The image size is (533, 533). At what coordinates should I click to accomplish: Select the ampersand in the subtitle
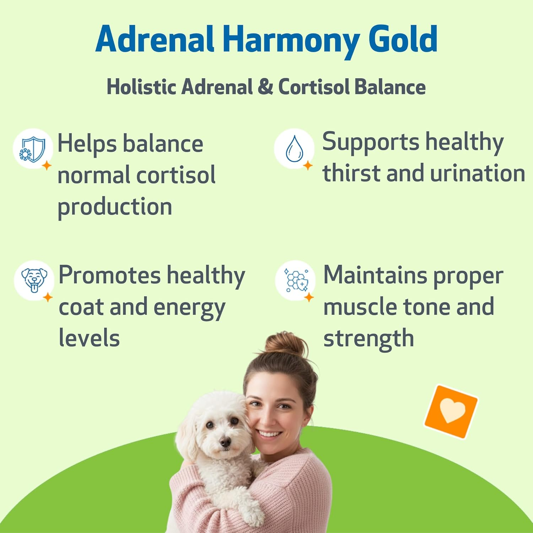click(265, 87)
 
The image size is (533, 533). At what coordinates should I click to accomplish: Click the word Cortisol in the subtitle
click(313, 87)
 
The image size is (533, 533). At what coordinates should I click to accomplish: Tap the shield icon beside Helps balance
click(32, 149)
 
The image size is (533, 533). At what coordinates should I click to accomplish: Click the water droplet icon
click(294, 149)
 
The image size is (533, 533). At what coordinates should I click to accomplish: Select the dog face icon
click(34, 280)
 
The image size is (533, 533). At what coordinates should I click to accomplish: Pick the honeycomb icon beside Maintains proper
click(296, 280)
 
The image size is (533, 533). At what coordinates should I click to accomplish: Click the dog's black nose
click(225, 442)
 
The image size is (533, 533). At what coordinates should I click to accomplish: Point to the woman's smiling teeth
click(269, 434)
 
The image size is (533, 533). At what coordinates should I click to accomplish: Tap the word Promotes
click(109, 275)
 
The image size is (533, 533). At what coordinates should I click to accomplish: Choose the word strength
click(368, 339)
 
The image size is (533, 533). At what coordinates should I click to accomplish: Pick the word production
click(115, 207)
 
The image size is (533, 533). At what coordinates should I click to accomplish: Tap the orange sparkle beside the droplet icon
click(308, 165)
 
